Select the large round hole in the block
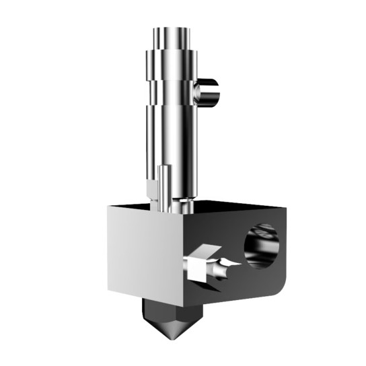pos(262,245)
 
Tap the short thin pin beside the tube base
pos(164,186)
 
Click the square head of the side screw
pos(198,265)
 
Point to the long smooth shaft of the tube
pos(171,135)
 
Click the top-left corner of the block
pos(108,209)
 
